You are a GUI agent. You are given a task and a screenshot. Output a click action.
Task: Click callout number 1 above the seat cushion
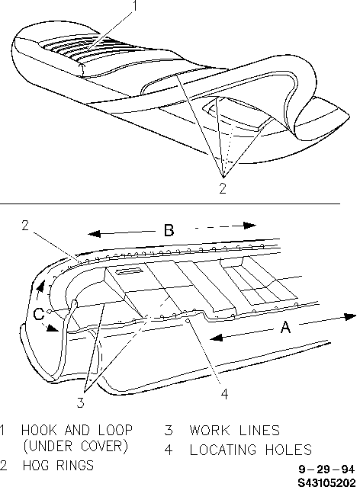134,6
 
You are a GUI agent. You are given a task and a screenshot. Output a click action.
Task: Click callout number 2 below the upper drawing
223,188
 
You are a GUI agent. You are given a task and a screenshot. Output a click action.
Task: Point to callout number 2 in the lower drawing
25,225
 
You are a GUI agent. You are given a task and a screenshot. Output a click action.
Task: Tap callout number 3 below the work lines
81,402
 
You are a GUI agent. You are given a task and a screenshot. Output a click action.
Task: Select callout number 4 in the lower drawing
224,393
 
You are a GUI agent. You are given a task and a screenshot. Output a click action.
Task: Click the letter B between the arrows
169,230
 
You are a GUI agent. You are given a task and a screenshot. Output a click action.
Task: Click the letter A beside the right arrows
285,327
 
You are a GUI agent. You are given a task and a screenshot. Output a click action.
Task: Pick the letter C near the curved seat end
39,314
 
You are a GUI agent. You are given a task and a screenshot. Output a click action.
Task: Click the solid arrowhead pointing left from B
95,233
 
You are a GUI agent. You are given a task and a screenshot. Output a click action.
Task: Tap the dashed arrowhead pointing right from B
249,225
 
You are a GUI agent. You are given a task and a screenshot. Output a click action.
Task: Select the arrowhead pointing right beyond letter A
349,316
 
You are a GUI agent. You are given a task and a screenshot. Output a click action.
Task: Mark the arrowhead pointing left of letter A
217,338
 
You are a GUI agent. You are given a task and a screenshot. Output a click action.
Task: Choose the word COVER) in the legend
104,447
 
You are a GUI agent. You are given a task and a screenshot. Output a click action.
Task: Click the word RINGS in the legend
75,465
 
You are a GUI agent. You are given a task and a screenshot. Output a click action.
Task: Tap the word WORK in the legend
210,430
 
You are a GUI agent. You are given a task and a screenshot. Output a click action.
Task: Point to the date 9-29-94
326,469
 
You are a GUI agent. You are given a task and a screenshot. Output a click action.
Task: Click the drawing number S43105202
326,482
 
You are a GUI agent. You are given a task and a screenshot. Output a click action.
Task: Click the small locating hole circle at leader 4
188,321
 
